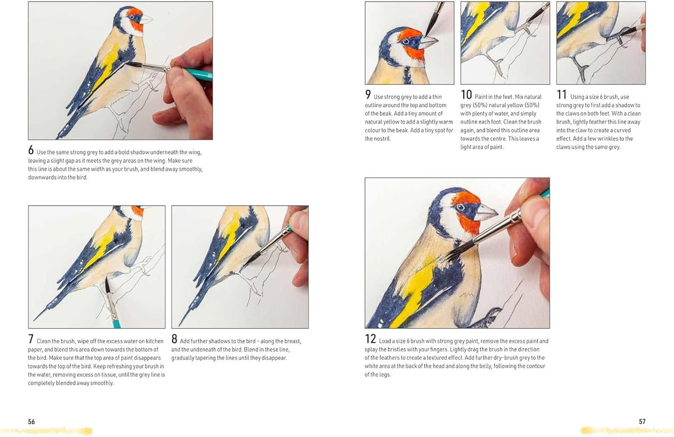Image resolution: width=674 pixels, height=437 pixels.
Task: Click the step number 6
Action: pyautogui.click(x=31, y=150)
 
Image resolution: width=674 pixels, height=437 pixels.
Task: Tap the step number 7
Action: pyautogui.click(x=31, y=339)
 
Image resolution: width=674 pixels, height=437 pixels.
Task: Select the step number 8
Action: pyautogui.click(x=174, y=339)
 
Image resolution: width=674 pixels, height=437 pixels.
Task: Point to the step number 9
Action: pyautogui.click(x=368, y=95)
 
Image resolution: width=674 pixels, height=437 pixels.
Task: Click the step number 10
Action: pyautogui.click(x=466, y=95)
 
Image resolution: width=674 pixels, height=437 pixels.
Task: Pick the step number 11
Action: pyautogui.click(x=562, y=95)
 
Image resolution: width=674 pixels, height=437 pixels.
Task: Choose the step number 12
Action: pyautogui.click(x=370, y=339)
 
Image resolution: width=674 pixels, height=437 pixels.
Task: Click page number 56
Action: pyautogui.click(x=31, y=421)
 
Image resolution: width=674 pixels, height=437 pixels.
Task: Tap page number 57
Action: pyautogui.click(x=642, y=421)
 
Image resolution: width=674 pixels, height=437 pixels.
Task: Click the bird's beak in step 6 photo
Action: pyautogui.click(x=146, y=19)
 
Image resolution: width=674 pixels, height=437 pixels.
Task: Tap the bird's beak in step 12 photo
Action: pyautogui.click(x=486, y=212)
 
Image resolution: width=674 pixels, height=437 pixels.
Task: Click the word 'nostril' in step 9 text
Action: pyautogui.click(x=382, y=139)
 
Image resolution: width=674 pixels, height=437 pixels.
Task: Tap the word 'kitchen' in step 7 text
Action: pyautogui.click(x=154, y=341)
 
